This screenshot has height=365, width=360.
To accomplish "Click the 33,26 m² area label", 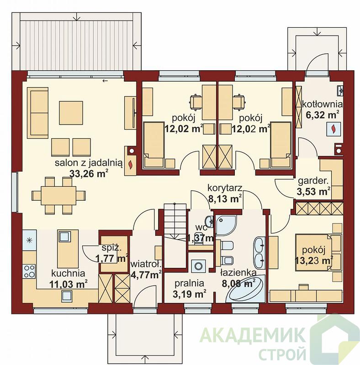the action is [89, 173].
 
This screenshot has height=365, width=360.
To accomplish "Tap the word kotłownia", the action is [323, 104].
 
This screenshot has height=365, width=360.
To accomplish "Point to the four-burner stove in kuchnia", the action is [29, 271].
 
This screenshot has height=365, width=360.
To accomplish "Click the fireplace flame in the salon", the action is [131, 165].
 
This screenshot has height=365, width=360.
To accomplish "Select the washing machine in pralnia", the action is [199, 266].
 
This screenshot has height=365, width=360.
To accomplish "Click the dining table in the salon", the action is [58, 196].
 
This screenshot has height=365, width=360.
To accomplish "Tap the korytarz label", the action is [225, 188].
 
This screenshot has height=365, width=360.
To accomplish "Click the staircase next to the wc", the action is [175, 235].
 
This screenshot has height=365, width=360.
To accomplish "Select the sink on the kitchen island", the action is [64, 237].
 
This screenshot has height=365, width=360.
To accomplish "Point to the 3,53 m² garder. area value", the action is [313, 191].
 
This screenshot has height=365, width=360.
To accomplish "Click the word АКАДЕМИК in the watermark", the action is [253, 335].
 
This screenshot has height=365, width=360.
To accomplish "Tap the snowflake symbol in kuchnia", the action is [29, 240].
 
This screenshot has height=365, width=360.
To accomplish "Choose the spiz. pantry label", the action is [111, 248].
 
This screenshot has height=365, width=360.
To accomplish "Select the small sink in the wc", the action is [209, 220].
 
